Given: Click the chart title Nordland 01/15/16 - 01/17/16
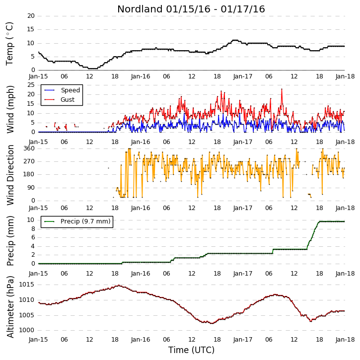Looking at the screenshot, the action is pos(191,9).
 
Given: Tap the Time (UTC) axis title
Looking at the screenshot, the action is pos(191,350).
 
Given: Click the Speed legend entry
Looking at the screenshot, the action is pos(62,90).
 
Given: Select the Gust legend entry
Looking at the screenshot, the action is pos(60,100).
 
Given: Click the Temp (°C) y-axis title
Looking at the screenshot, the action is pos(9,44).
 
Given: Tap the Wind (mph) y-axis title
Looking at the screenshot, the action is pos(10,110).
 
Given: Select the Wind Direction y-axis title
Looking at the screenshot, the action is pos(10,175).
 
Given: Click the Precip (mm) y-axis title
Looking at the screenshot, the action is pos(10,241).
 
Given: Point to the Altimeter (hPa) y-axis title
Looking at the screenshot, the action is pos(10,307).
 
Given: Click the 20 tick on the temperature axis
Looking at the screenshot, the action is pos(31,16).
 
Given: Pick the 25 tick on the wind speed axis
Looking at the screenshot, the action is pos(31,85).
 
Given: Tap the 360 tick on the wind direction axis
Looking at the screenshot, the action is pos(29,148).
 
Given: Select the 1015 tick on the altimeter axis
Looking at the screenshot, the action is pos(27,285).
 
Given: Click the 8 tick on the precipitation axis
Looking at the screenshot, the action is pos(33,229).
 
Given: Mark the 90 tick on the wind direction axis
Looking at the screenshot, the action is pos(31,188).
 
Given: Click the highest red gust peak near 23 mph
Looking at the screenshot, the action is pos(282,89).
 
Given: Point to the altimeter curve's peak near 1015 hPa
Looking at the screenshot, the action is pos(119,286).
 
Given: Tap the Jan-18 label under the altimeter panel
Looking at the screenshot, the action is pos(345,339).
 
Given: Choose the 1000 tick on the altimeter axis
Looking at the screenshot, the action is pos(27,330).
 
